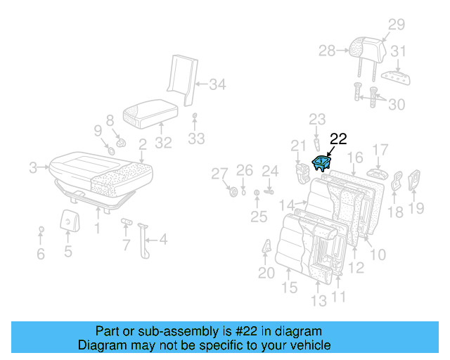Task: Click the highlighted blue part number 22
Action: tap(321, 164)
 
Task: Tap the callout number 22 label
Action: tap(338, 139)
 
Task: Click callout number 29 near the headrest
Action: tap(397, 25)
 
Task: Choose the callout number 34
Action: tap(217, 86)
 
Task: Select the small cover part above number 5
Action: tap(67, 220)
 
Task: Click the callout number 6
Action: tap(41, 252)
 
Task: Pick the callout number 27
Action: tap(220, 174)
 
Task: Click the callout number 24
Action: tap(270, 170)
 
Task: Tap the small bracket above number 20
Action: tap(268, 247)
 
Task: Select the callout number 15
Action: tap(289, 287)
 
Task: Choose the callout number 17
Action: tap(380, 149)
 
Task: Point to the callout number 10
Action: tap(378, 253)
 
